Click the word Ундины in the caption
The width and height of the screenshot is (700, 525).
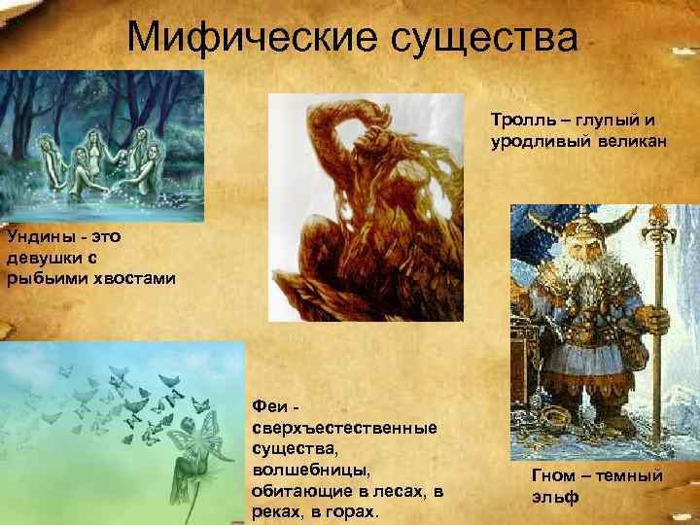31,235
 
